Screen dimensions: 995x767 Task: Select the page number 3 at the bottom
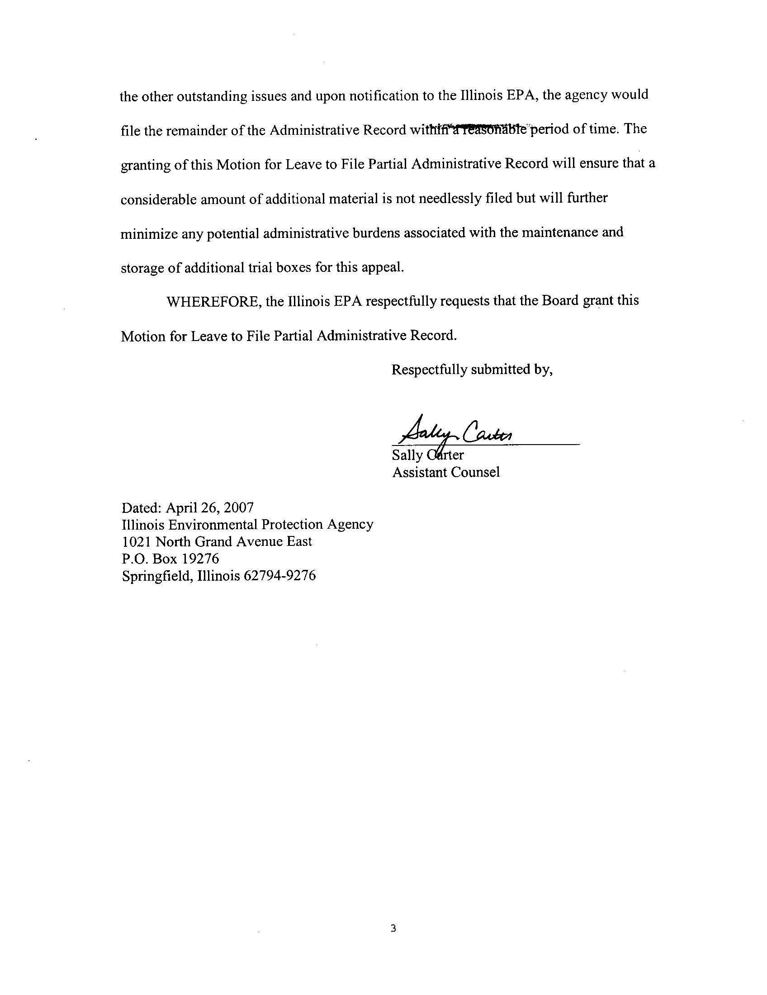point(393,916)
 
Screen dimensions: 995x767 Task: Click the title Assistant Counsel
point(446,473)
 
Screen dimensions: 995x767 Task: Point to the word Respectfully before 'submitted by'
point(429,370)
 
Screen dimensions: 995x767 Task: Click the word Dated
point(141,507)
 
